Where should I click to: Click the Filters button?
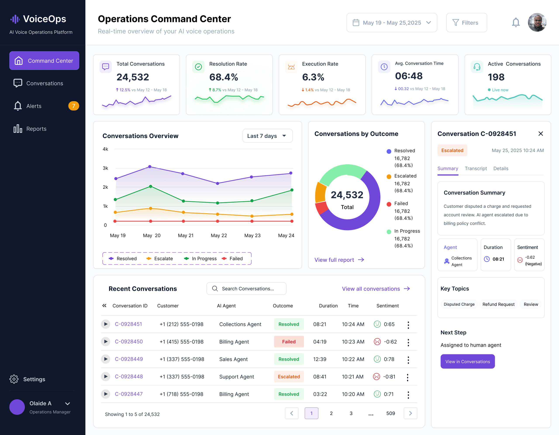[x=466, y=23]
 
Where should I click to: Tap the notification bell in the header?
[x=516, y=23]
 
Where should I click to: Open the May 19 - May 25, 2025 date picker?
[x=392, y=23]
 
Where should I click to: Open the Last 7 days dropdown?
[x=267, y=136]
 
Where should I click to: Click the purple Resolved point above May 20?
[x=150, y=166]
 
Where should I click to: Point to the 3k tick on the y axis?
[x=105, y=168]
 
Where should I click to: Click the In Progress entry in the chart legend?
[x=200, y=259]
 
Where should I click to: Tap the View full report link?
[x=339, y=260]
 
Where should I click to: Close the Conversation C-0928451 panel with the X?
[x=541, y=134]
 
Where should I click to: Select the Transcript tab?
[x=476, y=168]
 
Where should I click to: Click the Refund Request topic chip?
[x=498, y=304]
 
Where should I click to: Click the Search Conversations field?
[x=246, y=289]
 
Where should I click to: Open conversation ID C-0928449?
[x=129, y=359]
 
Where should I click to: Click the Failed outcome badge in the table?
[x=289, y=341]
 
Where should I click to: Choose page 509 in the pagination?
[x=391, y=413]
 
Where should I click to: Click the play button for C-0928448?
[x=105, y=376]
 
